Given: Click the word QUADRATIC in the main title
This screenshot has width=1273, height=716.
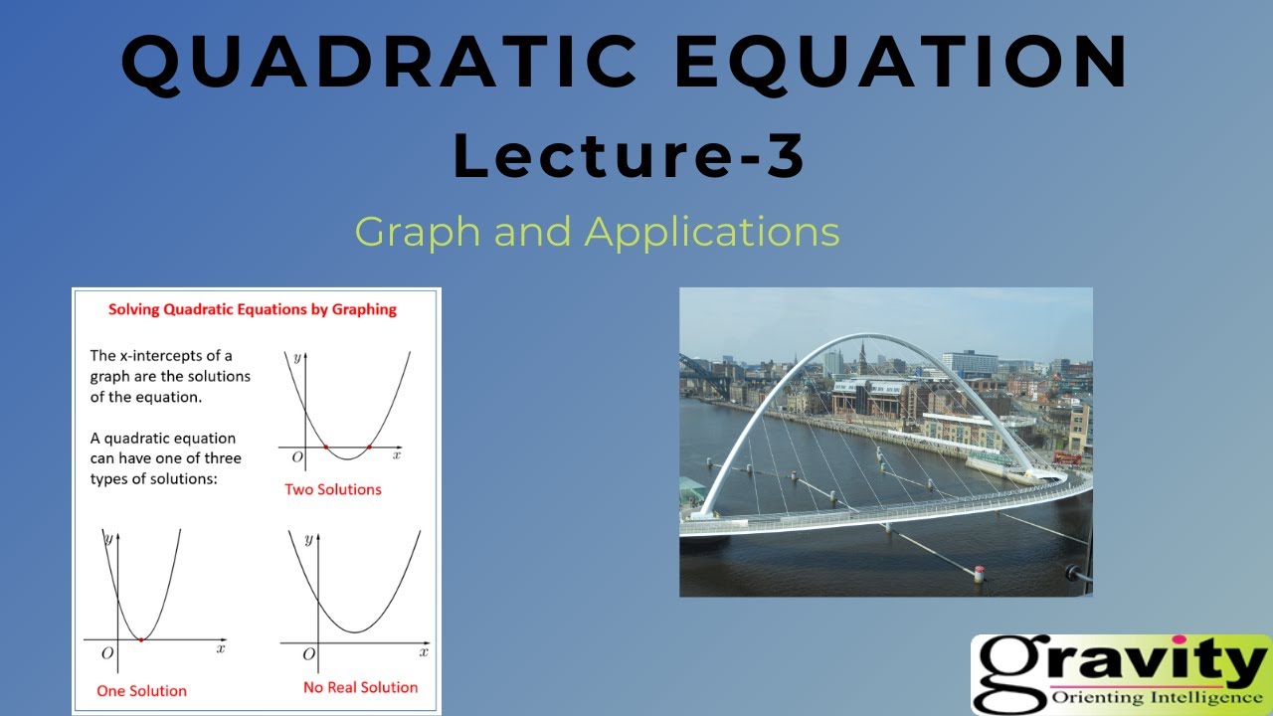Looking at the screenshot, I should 379,62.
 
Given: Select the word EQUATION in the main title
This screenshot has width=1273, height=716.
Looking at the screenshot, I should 901,62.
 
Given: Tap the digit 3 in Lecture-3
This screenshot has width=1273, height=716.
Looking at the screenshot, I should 786,156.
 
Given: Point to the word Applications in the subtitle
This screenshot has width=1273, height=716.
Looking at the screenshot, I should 712,233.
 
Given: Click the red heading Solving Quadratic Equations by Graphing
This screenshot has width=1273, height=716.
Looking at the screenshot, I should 252,309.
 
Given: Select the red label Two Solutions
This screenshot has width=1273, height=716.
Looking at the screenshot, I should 332,489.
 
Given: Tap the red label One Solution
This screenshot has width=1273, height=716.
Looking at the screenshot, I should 141,690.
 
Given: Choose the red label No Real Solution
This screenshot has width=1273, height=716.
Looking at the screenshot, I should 360,687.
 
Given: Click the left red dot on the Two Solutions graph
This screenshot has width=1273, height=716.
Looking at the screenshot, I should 325,447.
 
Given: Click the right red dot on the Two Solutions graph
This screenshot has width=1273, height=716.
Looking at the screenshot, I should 369,447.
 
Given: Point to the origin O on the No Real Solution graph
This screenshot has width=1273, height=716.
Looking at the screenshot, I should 308,653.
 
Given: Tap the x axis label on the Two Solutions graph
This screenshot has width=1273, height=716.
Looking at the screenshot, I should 396,454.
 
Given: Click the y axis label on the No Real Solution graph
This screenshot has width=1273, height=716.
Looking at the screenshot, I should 308,539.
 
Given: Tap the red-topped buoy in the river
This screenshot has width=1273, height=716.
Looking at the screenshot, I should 980,572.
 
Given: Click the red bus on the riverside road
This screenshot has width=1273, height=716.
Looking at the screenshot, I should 1067,458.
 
